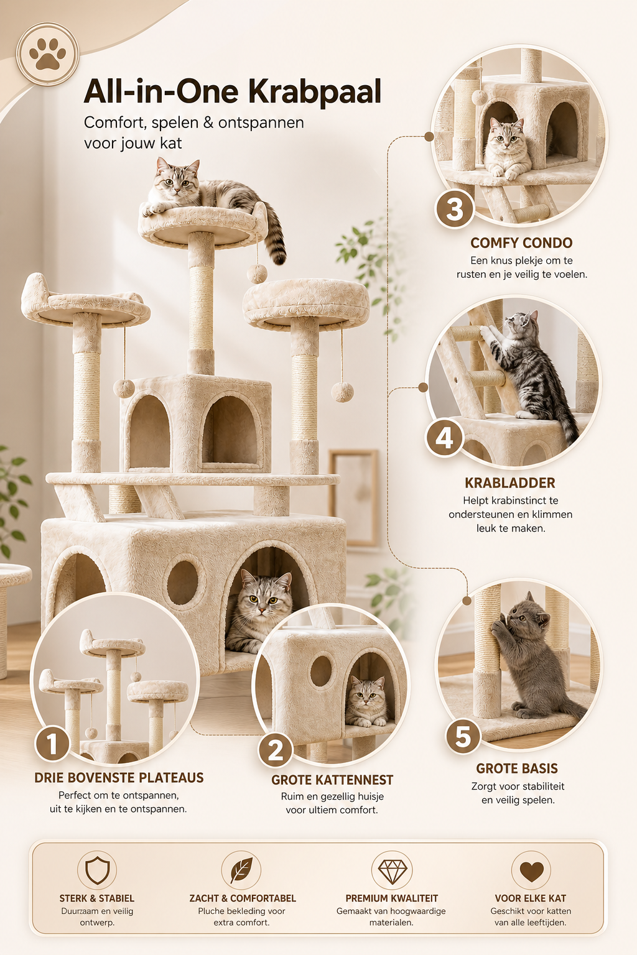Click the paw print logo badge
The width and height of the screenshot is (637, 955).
[x=47, y=54]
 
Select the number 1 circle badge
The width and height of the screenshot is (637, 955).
[x=52, y=743]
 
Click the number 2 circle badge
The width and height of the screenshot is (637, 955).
[x=276, y=749]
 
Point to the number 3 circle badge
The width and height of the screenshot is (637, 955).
[x=454, y=209]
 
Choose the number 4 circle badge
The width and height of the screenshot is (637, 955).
[x=444, y=438]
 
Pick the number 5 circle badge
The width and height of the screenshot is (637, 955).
[x=463, y=736]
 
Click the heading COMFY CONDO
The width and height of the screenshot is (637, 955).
[x=521, y=243]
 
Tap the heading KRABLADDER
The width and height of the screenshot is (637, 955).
[x=510, y=483]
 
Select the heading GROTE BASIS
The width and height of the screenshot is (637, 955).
[x=517, y=768]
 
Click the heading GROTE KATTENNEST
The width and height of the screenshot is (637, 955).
[x=332, y=780]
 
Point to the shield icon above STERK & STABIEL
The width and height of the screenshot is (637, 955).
[x=97, y=870]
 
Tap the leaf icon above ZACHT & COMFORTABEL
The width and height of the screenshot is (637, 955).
[x=241, y=870]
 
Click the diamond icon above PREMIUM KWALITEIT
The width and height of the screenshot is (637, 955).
[x=392, y=871]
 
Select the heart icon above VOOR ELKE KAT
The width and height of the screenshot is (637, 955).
[x=531, y=872]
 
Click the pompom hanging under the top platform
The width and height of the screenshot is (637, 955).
[x=257, y=273]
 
